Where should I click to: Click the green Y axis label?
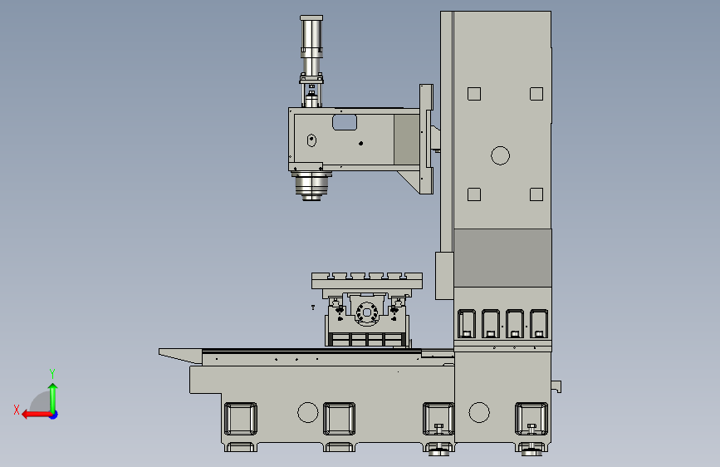[52, 374]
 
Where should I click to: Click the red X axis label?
[17, 410]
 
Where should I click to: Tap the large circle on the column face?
[500, 155]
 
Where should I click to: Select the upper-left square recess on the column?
[474, 94]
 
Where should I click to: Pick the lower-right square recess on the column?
[536, 194]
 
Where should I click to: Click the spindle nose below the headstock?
[311, 186]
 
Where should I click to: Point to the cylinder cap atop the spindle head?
[311, 18]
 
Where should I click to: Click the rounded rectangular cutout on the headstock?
[345, 122]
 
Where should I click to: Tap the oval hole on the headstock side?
[311, 140]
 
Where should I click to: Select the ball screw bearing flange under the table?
[367, 312]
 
